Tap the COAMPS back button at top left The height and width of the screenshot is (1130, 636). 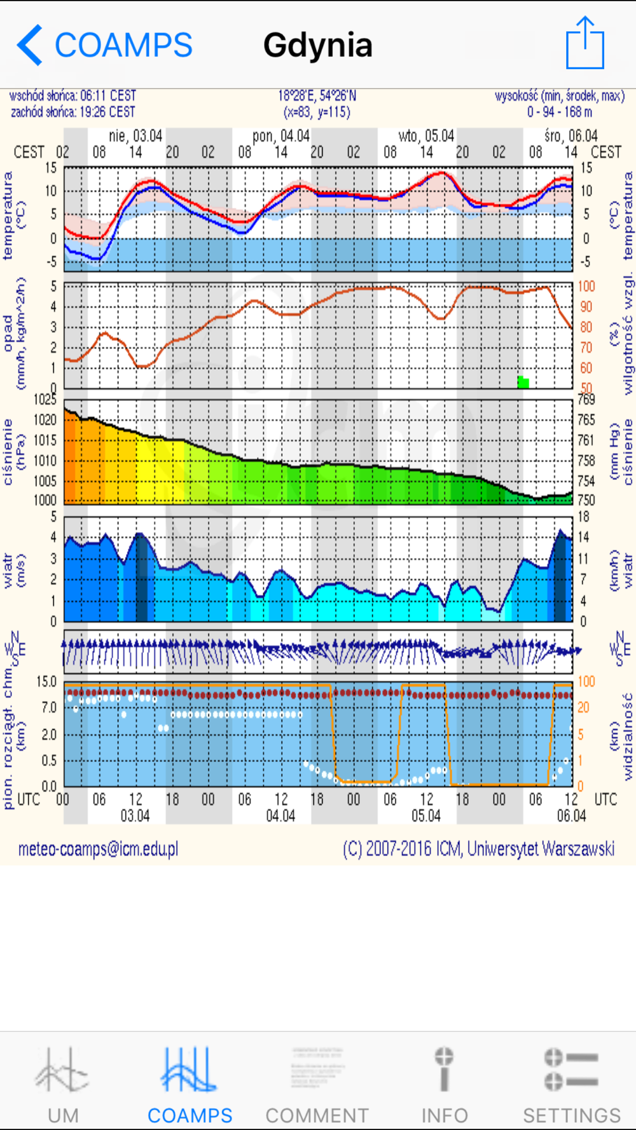pos(105,45)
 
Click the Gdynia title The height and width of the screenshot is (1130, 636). pos(317,46)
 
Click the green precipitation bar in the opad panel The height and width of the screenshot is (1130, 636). pos(523,382)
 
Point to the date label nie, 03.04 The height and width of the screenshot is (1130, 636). pos(135,136)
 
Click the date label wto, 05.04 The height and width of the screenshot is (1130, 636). pos(426,136)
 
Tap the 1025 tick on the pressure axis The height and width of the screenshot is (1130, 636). pos(45,399)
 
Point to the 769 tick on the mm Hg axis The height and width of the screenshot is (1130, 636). pos(586,399)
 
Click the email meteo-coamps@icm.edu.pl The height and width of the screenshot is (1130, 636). pos(98,849)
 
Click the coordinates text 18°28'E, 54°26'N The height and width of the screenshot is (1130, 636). pos(317,96)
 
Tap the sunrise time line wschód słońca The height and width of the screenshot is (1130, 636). pos(73,96)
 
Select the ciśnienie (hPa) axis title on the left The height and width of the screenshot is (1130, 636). pos(14,452)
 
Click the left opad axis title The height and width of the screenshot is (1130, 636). pos(14,333)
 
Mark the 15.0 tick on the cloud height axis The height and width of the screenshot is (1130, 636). pos(46,682)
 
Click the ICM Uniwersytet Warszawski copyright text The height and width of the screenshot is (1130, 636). pos(478,849)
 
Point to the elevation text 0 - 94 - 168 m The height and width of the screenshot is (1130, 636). pos(559,112)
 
